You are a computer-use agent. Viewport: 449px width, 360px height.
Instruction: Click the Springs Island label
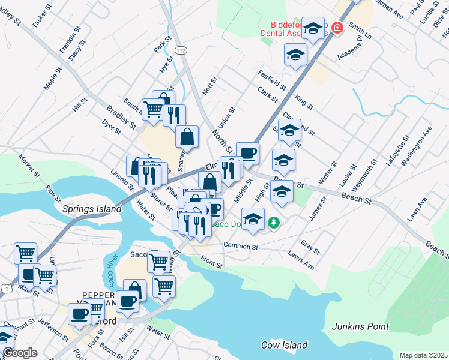coord(92,209)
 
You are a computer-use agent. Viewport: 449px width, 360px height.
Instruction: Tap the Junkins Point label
coord(360,327)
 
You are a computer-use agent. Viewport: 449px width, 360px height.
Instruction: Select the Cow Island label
coord(284,345)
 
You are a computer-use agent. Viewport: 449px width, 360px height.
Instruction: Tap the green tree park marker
coord(274,223)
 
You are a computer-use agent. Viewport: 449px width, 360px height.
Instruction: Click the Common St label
coord(240,246)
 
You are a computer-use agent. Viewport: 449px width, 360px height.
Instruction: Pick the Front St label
coord(212,262)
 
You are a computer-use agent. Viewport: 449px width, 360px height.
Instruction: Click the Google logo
coord(19,353)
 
